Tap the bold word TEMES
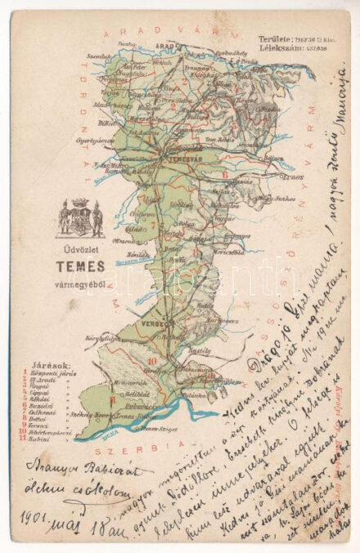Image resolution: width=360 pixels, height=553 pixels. tap(79, 265)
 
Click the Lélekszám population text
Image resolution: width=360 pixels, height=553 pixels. tap(276, 47)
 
